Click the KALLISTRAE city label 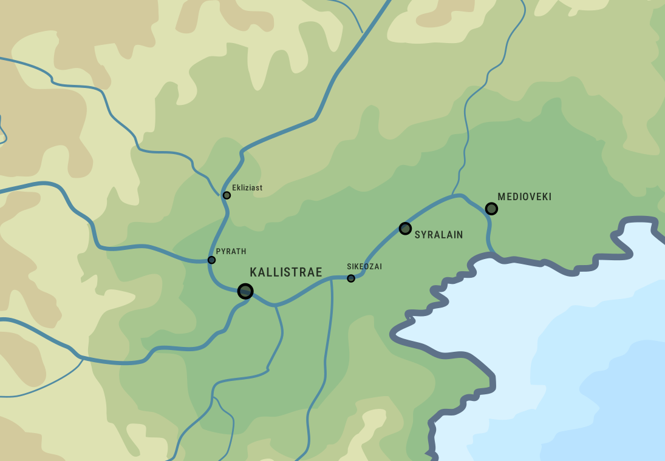pos(286,272)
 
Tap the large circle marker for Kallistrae pos(245,291)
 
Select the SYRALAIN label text pos(438,235)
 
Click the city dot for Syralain pos(405,228)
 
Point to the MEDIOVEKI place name pos(524,197)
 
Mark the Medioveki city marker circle pos(491,209)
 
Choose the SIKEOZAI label pos(364,266)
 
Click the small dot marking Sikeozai pos(351,278)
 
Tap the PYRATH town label pos(231,251)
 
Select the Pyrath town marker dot pos(211,260)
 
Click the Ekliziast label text pos(247,188)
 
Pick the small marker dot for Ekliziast pos(227,195)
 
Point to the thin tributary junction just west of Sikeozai pos(332,278)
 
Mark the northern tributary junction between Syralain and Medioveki pos(453,195)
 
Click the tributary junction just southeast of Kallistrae pos(275,305)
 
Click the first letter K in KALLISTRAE pos(254,272)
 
